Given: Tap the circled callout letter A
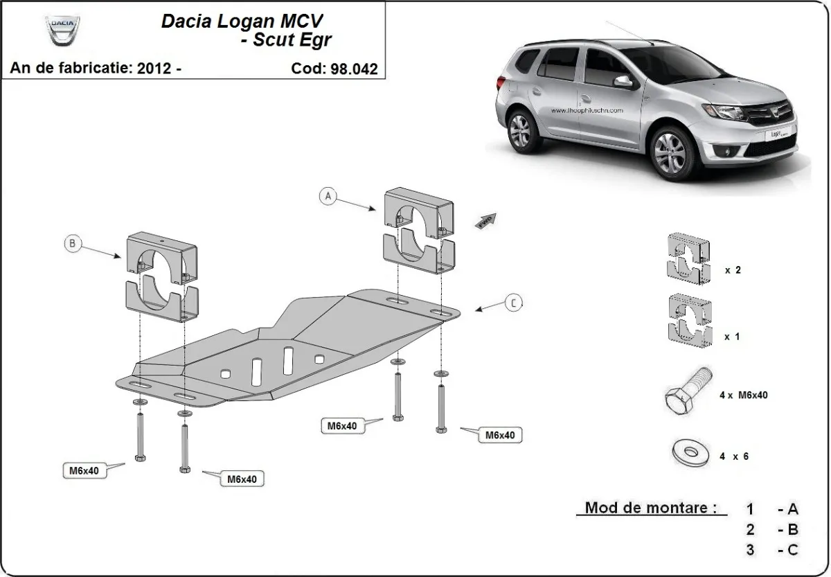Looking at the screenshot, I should tap(328, 197).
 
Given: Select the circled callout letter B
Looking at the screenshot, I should tap(72, 243).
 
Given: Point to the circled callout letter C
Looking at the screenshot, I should tap(513, 303).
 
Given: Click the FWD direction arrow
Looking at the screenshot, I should tap(485, 221).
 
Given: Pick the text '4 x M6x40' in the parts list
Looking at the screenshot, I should tap(742, 396).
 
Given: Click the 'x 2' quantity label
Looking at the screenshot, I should tap(733, 270).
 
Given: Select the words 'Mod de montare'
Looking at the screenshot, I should tap(650, 507).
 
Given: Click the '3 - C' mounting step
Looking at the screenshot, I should tap(772, 550).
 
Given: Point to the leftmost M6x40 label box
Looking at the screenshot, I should tap(84, 471).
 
